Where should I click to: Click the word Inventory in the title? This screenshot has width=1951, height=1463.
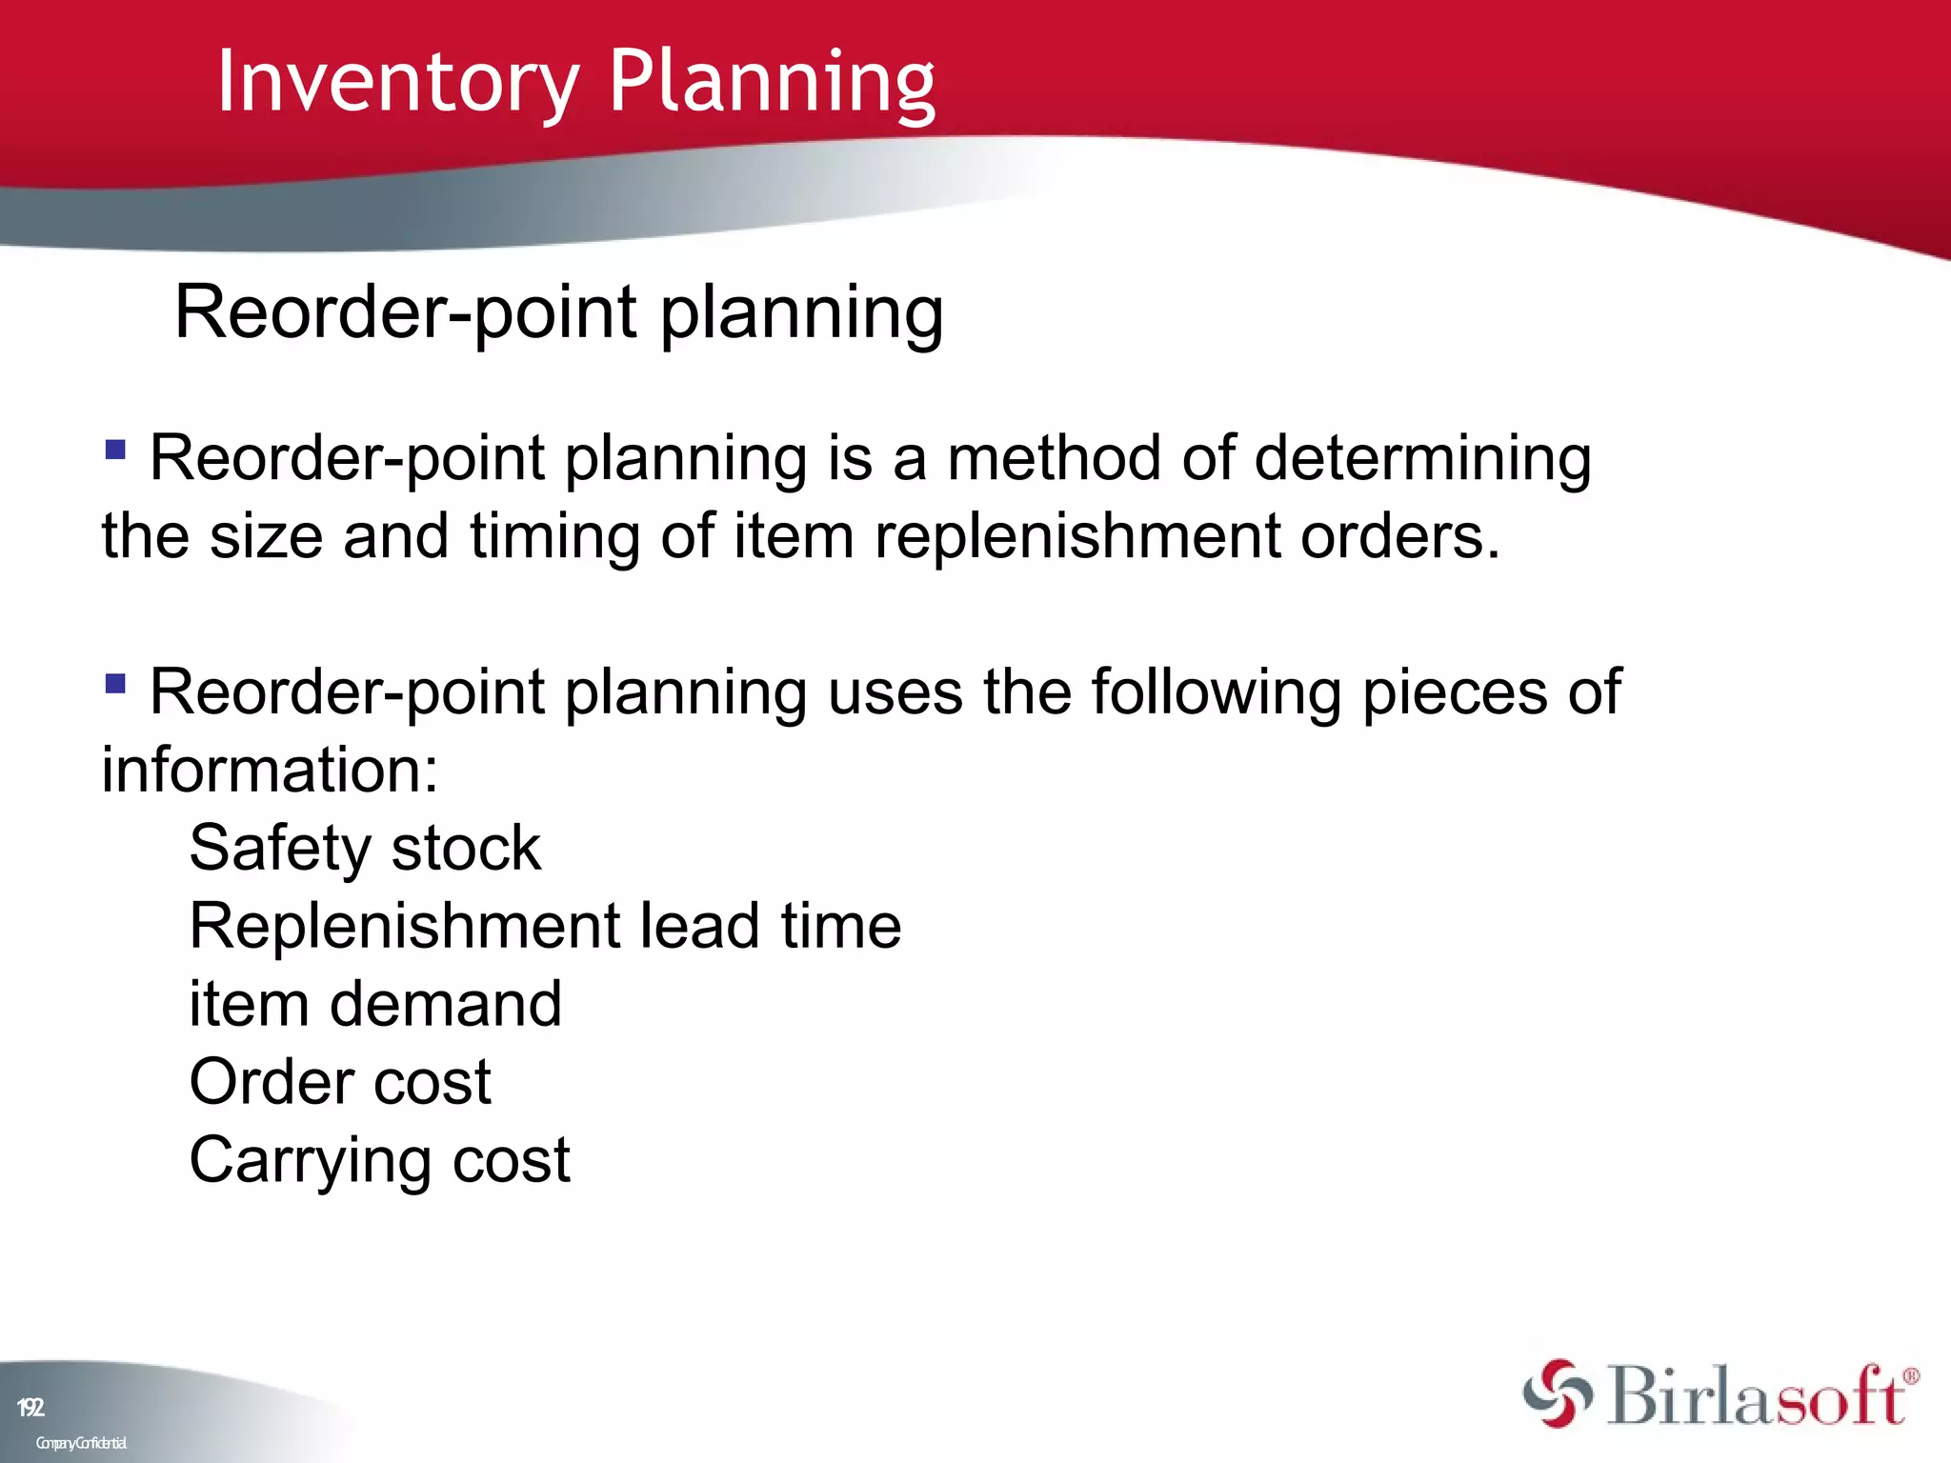(x=397, y=83)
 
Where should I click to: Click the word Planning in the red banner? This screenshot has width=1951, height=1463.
(x=772, y=83)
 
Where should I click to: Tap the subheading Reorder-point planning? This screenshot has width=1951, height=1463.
(x=558, y=313)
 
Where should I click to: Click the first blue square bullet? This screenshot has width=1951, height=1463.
(x=115, y=449)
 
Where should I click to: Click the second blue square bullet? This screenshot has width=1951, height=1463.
(x=115, y=683)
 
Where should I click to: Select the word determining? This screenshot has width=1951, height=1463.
(x=1422, y=459)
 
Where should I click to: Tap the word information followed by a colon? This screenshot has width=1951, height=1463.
(x=269, y=770)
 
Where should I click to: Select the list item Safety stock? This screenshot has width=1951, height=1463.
(x=365, y=848)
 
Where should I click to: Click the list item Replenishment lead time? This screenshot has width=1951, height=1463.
(x=545, y=926)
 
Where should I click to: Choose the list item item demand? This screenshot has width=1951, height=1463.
(x=375, y=1004)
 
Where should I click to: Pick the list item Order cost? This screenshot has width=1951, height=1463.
(x=340, y=1082)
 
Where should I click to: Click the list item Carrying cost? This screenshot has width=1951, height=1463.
(x=379, y=1161)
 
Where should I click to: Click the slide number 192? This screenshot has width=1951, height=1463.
(x=30, y=1408)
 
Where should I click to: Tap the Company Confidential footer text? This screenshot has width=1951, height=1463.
(x=81, y=1443)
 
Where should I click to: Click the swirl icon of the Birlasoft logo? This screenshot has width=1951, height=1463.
(x=1557, y=1393)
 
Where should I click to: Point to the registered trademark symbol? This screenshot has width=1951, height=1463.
(x=1911, y=1376)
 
